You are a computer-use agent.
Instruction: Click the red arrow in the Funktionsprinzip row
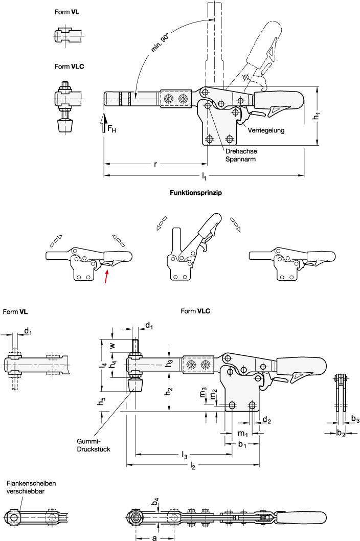[106, 277]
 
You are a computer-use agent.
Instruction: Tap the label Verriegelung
[266, 130]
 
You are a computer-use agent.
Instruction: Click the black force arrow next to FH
[104, 124]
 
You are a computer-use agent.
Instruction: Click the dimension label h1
[317, 116]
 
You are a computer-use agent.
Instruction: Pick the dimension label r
[155, 164]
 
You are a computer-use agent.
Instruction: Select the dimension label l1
[204, 176]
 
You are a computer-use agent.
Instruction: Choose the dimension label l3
[184, 454]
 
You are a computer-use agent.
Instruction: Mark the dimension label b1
[243, 445]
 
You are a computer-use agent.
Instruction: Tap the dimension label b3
[354, 419]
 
